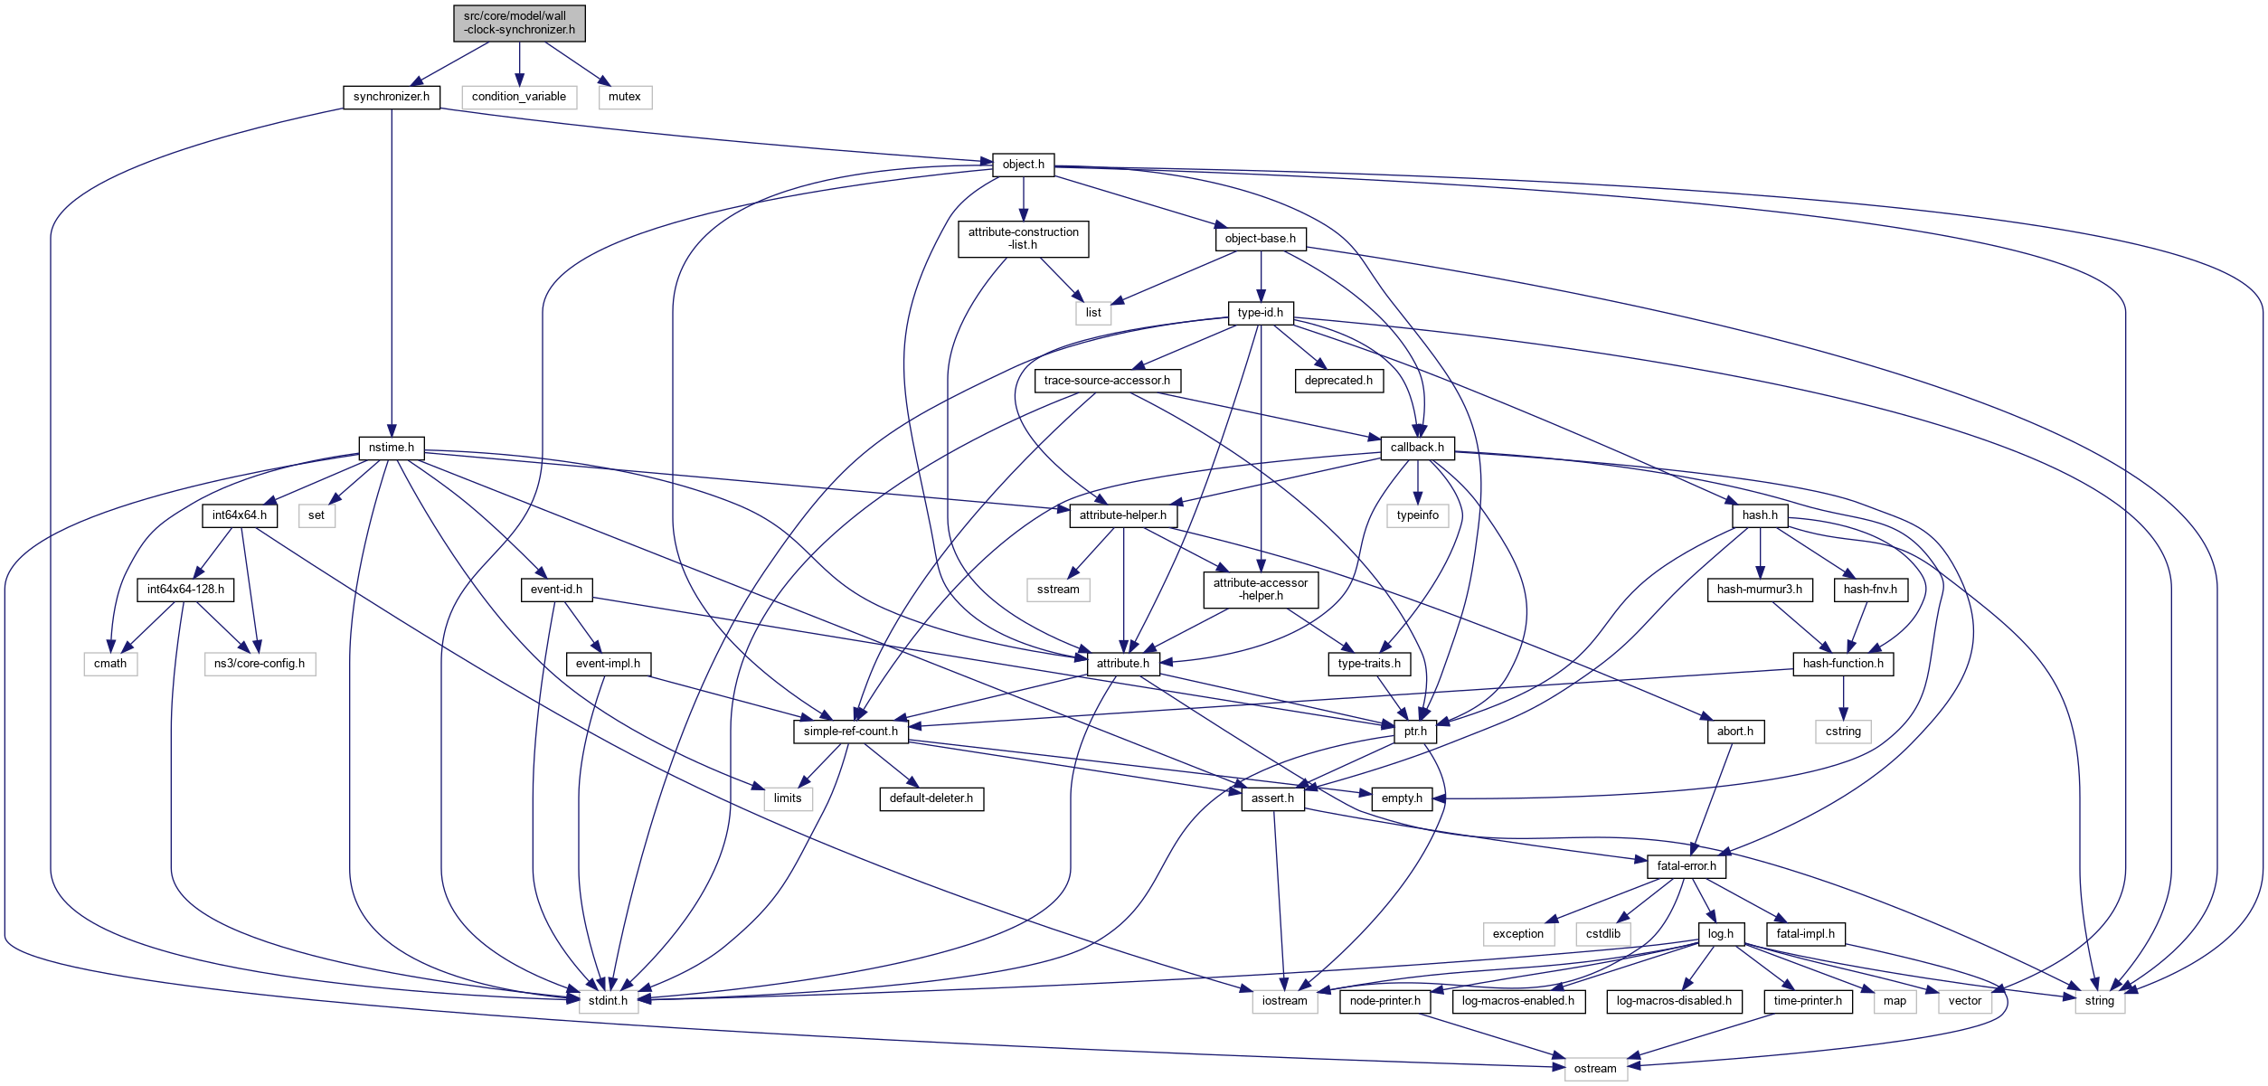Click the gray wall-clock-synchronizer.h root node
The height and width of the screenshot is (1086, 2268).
[x=519, y=24]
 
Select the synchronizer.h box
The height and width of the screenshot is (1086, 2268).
[x=392, y=97]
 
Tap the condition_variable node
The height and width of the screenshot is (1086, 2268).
[x=519, y=97]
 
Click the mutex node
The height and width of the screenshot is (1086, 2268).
[x=624, y=97]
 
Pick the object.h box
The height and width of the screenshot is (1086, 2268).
[x=1023, y=165]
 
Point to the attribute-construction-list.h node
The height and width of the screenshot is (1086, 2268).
[x=1023, y=239]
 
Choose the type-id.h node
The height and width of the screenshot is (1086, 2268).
[x=1260, y=313]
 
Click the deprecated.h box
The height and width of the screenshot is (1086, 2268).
[x=1338, y=381]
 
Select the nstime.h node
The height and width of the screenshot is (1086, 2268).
[x=392, y=448]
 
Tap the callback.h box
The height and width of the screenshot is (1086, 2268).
[x=1417, y=448]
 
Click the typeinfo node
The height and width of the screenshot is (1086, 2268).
[x=1417, y=515]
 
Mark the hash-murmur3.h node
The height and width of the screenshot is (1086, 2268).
[x=1759, y=590]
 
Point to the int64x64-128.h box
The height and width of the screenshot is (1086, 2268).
[x=185, y=590]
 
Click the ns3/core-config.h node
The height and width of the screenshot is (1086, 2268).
[x=260, y=664]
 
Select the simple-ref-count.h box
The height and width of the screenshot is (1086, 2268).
[x=850, y=732]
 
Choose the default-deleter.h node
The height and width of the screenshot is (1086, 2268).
[x=931, y=798]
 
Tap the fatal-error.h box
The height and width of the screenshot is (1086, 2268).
[x=1687, y=866]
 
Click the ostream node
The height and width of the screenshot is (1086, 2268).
[x=1595, y=1069]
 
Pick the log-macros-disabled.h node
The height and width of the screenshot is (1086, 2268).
[x=1674, y=1001]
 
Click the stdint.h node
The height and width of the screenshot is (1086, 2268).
[x=609, y=1001]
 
